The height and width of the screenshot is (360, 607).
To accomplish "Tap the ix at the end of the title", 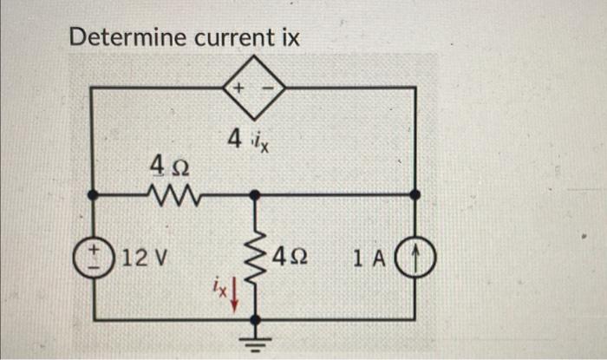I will click(x=289, y=38).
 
